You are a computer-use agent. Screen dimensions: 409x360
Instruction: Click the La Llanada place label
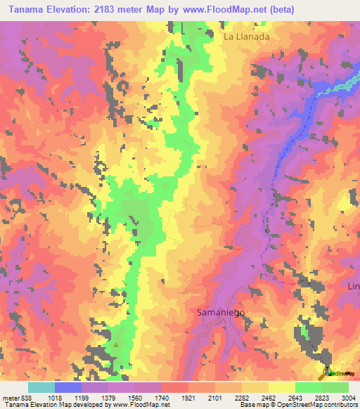point(247,36)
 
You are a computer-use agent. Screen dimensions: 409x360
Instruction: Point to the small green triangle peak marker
point(116,345)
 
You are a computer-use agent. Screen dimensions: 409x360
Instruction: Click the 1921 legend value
point(188,398)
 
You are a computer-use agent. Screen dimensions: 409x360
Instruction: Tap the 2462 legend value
point(269,398)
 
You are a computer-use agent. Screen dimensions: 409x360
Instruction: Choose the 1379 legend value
point(109,398)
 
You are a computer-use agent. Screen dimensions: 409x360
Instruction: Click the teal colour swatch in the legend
point(41,387)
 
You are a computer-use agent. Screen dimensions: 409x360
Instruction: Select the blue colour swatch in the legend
point(68,387)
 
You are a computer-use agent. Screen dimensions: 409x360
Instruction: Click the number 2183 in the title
point(108,9)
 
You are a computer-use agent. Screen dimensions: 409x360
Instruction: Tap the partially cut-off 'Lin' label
point(353,286)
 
